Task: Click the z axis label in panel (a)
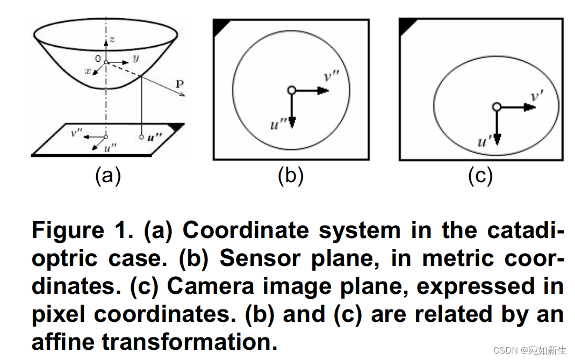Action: [x=112, y=39]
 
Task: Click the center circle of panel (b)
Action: [x=291, y=90]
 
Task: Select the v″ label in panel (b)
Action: [x=332, y=76]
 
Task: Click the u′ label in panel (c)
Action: [x=484, y=142]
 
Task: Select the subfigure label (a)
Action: [x=108, y=176]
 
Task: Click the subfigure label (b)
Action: [x=291, y=176]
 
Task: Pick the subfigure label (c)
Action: [x=480, y=176]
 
